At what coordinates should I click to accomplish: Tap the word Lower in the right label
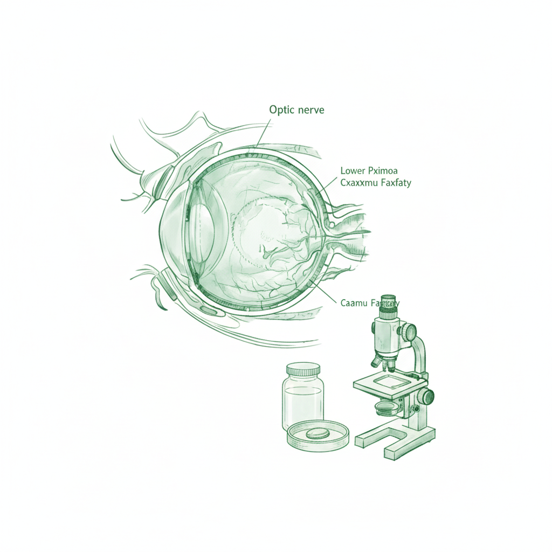(353, 171)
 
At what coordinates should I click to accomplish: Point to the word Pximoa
(382, 171)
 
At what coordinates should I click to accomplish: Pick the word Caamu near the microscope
(354, 303)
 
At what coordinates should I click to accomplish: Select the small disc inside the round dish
(316, 434)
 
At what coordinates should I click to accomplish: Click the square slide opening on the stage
(390, 382)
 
